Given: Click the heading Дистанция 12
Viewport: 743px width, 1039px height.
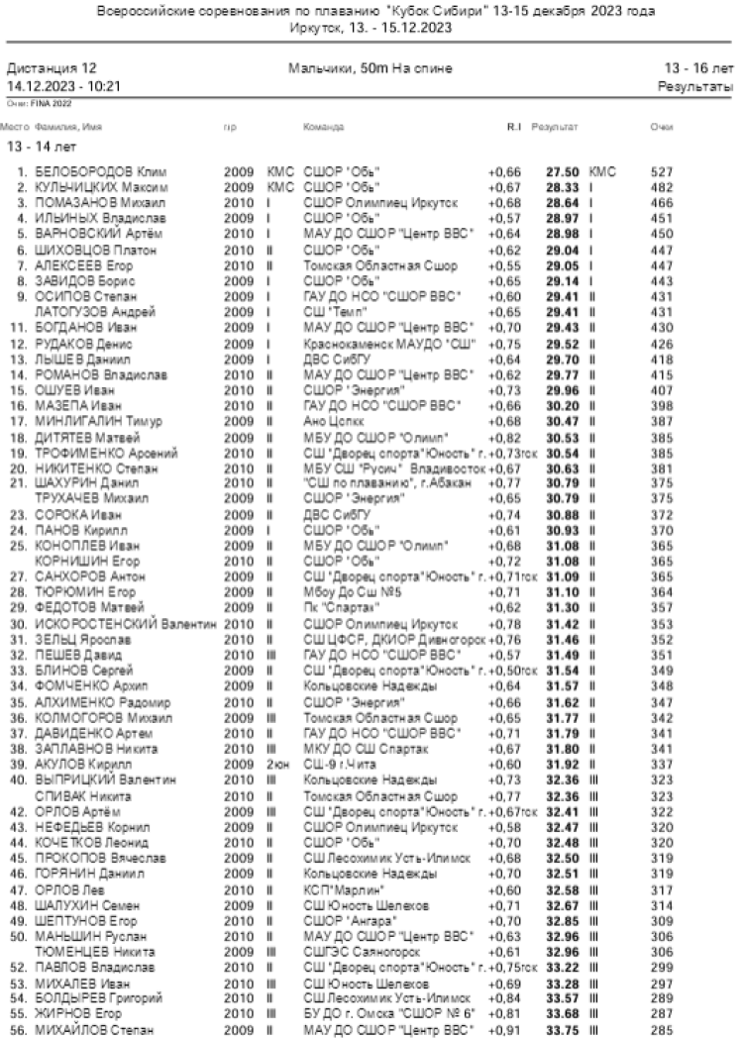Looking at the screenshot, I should pyautogui.click(x=53, y=69).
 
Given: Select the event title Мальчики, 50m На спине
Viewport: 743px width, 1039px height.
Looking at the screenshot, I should pyautogui.click(x=370, y=69).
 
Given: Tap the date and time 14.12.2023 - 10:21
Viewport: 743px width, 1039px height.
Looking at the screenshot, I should pyautogui.click(x=63, y=86).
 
